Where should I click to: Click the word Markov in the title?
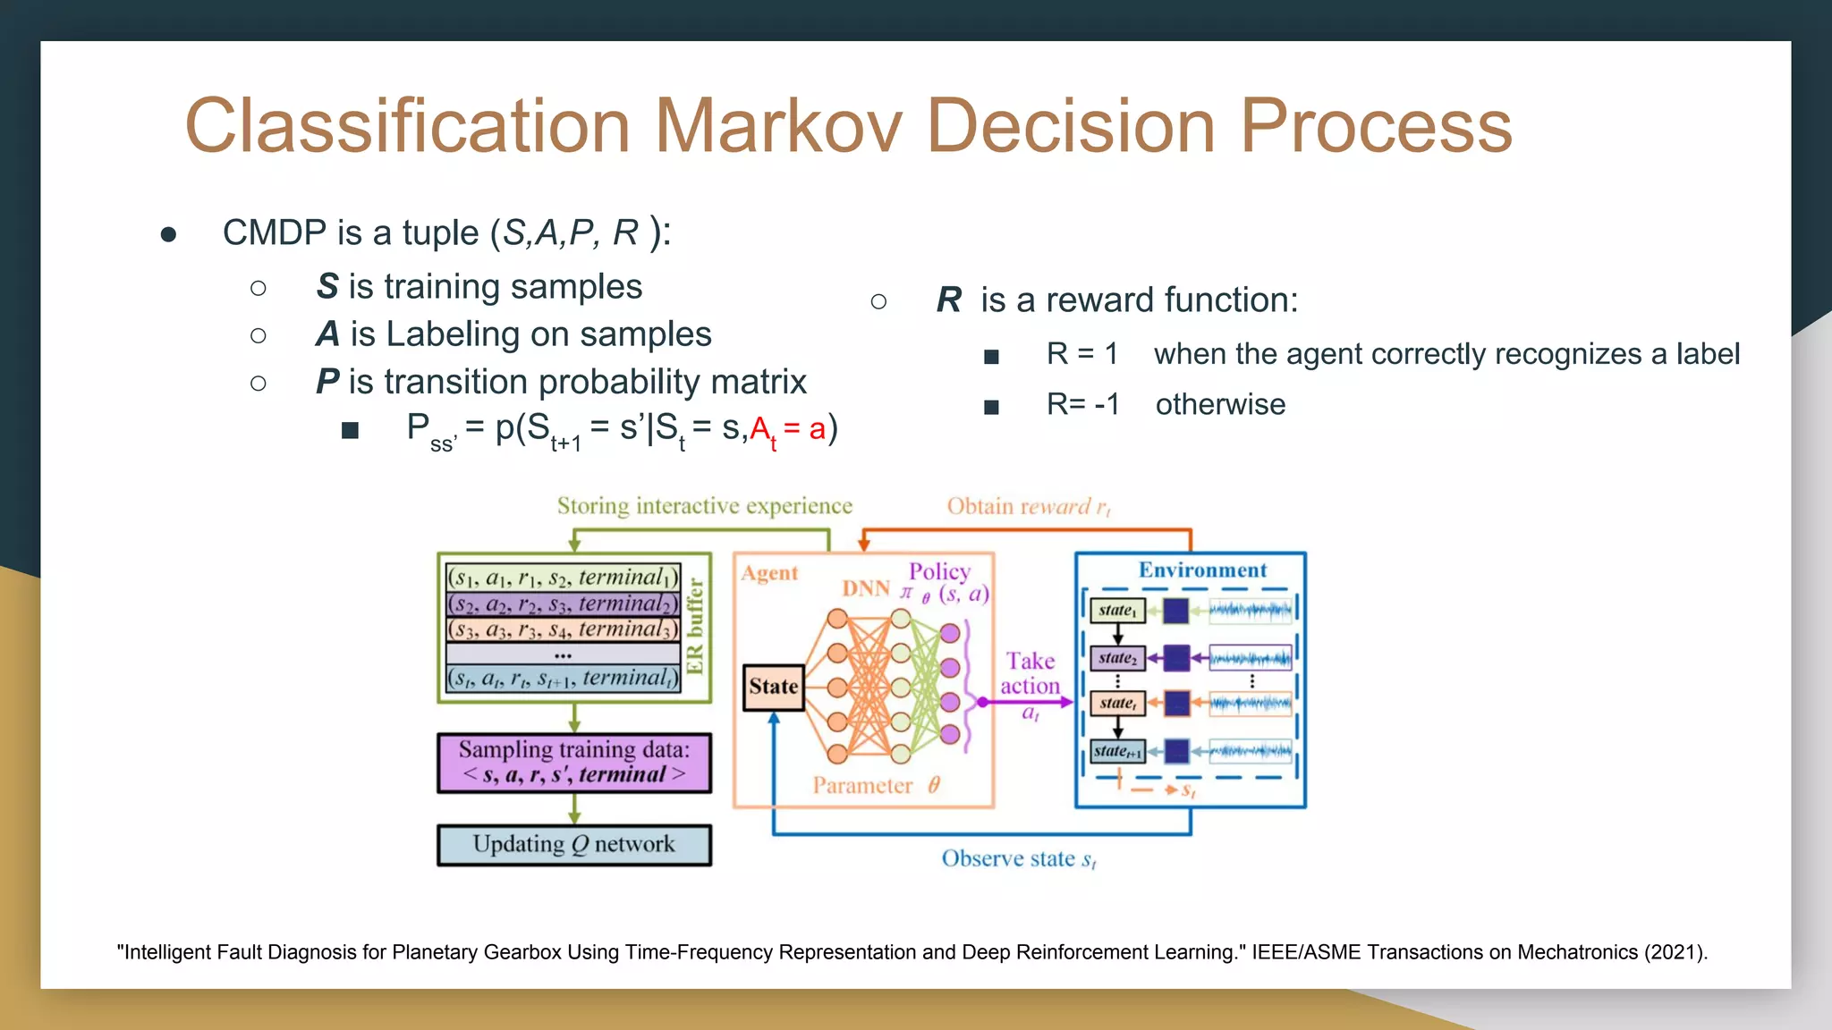click(778, 126)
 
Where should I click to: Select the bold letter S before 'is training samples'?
click(327, 287)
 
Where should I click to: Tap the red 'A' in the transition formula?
click(760, 429)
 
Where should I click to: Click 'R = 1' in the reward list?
click(1081, 354)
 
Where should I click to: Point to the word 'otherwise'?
click(1220, 404)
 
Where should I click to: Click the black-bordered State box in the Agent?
click(773, 687)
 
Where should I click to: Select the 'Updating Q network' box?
click(574, 845)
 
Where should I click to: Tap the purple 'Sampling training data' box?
click(574, 763)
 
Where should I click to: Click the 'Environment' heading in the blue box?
click(1202, 570)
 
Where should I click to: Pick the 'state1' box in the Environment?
click(1117, 611)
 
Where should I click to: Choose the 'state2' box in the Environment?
click(1117, 658)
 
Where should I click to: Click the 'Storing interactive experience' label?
click(704, 506)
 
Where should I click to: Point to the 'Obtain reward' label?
click(1028, 507)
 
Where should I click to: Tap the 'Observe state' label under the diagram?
click(1018, 859)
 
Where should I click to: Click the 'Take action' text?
click(1030, 673)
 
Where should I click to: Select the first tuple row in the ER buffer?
click(564, 578)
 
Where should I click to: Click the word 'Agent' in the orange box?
click(769, 573)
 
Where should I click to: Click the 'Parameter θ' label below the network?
click(876, 786)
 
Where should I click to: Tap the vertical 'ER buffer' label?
click(696, 626)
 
